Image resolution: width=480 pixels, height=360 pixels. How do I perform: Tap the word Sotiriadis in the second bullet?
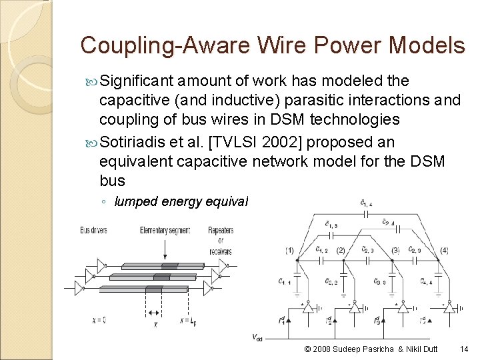(140, 142)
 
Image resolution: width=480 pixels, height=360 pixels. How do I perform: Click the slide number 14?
(464, 349)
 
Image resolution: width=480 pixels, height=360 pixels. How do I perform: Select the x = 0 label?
(99, 321)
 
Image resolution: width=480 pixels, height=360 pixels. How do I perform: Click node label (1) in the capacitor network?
(289, 251)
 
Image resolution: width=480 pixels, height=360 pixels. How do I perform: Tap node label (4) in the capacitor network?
(444, 251)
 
